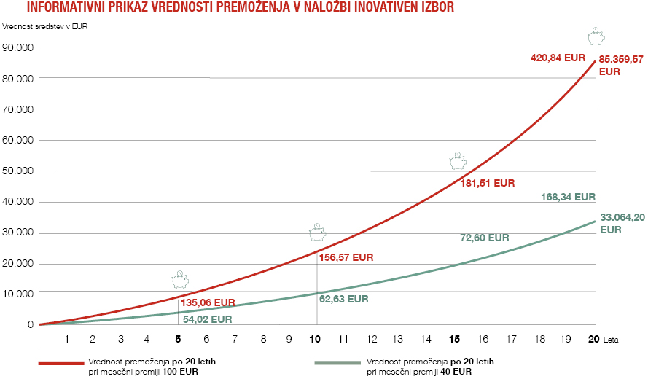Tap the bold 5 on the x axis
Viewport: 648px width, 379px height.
(179, 339)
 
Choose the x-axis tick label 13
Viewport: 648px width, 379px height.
(398, 339)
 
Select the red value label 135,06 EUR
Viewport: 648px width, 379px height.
(208, 302)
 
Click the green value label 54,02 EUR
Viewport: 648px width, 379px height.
(207, 319)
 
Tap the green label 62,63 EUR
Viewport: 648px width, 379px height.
(343, 299)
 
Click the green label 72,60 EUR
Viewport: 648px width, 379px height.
(485, 238)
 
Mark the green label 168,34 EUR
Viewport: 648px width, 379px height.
(569, 197)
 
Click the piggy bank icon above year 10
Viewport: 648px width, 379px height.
(317, 233)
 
